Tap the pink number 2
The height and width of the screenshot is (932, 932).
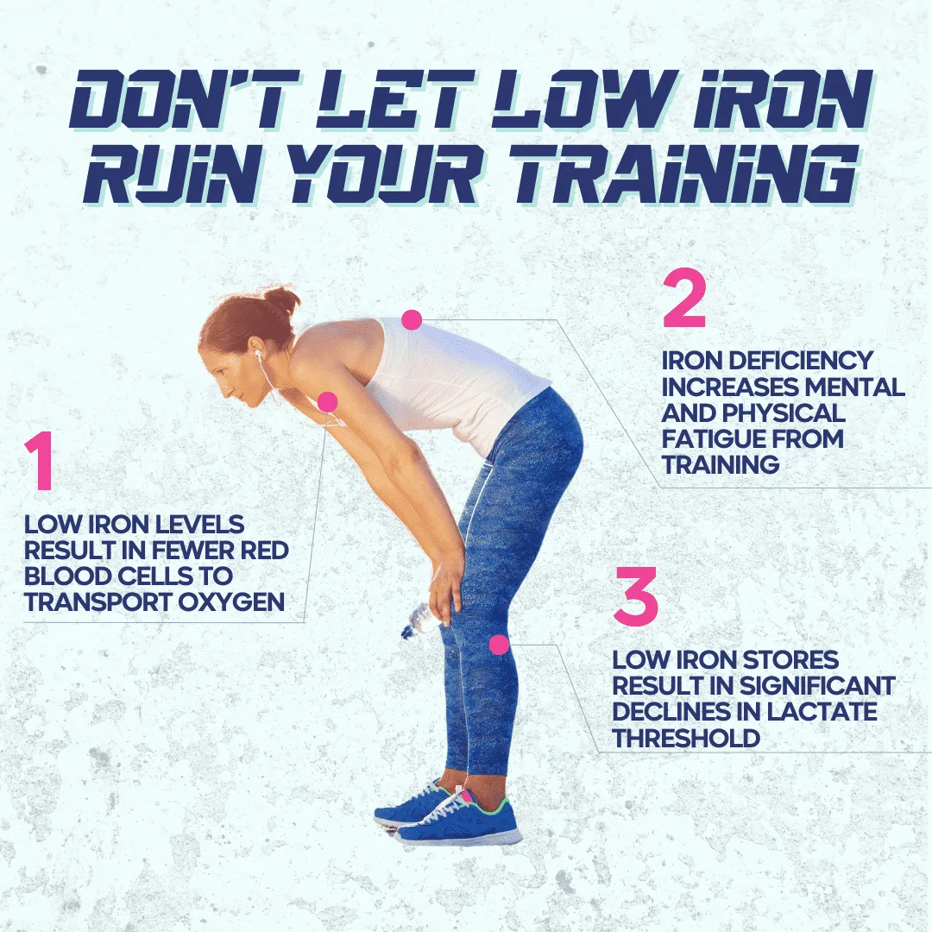point(684,299)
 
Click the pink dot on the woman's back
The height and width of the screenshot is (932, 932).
point(412,320)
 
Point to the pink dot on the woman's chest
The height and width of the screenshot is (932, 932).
point(328,402)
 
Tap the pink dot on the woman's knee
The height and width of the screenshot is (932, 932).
point(500,645)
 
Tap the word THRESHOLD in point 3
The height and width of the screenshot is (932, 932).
point(687,738)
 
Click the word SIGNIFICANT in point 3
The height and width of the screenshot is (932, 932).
point(816,685)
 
